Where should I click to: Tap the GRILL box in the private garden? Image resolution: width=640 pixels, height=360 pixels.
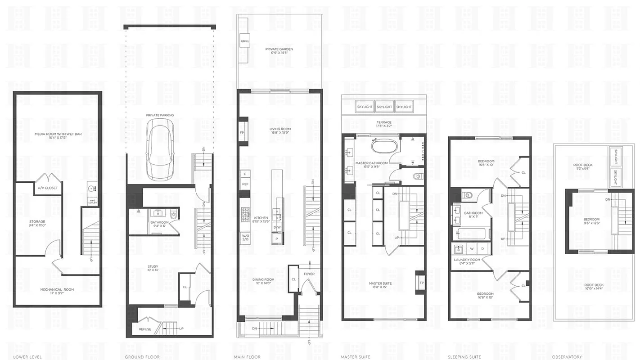click(245, 41)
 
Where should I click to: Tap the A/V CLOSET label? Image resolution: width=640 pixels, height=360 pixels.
click(47, 188)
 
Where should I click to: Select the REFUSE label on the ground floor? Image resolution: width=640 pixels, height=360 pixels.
click(145, 329)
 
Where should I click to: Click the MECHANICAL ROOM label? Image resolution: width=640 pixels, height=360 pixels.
click(57, 289)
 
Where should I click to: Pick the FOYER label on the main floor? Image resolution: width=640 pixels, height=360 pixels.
click(309, 274)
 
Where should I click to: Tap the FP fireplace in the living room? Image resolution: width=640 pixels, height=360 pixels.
click(242, 133)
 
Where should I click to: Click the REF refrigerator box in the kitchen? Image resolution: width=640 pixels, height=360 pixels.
click(245, 184)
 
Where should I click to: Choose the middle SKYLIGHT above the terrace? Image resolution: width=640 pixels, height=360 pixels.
click(384, 107)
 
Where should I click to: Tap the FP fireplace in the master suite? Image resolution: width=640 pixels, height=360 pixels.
click(421, 283)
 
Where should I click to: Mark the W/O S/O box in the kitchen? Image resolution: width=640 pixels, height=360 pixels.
click(245, 237)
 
